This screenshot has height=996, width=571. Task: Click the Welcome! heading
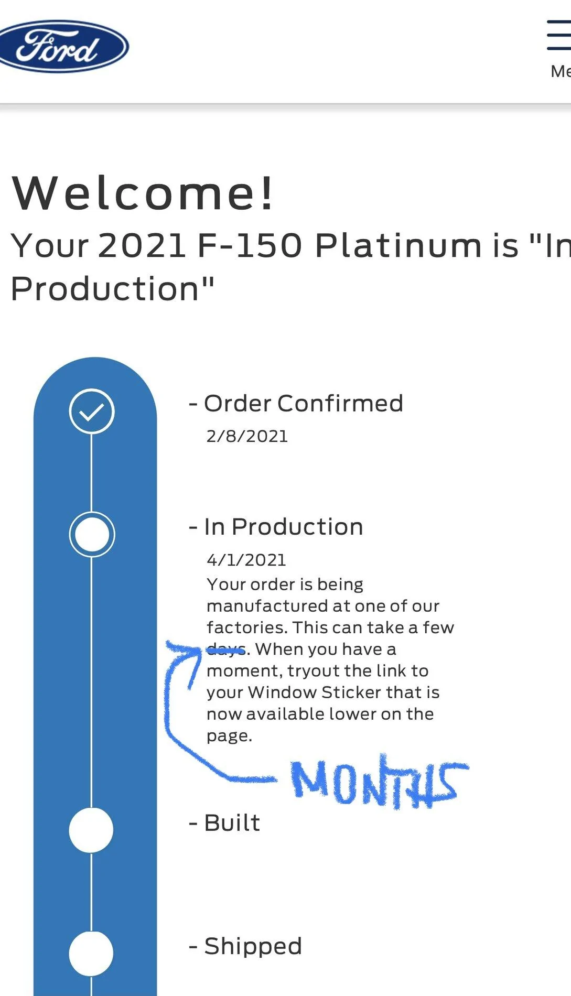(x=143, y=193)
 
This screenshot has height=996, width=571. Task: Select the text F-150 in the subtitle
(x=250, y=245)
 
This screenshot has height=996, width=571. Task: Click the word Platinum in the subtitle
(x=398, y=245)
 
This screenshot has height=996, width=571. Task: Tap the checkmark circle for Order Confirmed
(x=92, y=412)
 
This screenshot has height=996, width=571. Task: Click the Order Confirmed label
(x=303, y=404)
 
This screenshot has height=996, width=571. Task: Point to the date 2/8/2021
(x=247, y=436)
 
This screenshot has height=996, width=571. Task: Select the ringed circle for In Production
(x=92, y=535)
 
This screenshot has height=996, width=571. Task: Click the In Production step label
(x=283, y=527)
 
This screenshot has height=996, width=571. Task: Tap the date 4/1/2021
(x=246, y=560)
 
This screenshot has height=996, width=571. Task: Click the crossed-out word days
(x=226, y=650)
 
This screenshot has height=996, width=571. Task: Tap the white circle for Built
(x=91, y=830)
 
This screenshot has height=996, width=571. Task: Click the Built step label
(x=232, y=823)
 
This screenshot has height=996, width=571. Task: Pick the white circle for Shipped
(x=91, y=954)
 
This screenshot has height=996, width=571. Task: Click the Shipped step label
(x=253, y=946)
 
